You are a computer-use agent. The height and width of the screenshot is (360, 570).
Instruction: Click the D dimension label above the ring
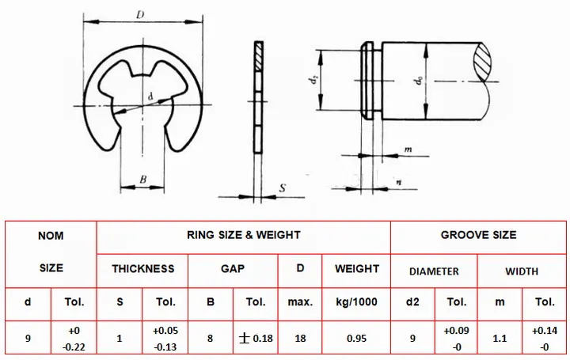click(x=140, y=14)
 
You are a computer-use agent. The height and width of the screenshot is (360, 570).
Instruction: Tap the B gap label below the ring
click(x=143, y=179)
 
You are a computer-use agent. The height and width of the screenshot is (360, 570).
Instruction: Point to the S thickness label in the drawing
click(x=283, y=188)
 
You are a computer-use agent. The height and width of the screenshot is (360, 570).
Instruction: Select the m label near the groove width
click(x=408, y=149)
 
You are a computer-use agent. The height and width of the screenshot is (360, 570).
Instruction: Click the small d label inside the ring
click(x=150, y=97)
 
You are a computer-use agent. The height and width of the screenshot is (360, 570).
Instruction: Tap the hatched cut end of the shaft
click(x=482, y=62)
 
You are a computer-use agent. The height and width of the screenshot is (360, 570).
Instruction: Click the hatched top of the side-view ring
click(x=258, y=56)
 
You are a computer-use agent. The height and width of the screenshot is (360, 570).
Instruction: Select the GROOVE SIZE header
click(x=478, y=235)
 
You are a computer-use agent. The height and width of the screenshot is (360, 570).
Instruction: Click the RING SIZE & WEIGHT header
click(x=244, y=235)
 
